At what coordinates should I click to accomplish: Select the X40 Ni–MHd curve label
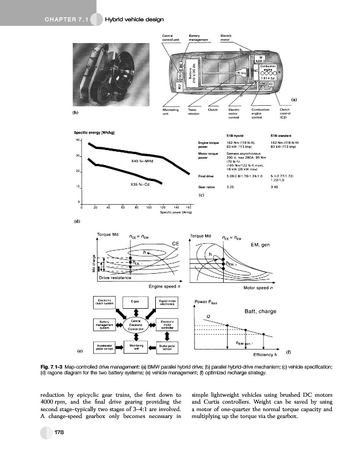coord(127,162)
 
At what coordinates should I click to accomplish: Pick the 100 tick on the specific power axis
coord(148,207)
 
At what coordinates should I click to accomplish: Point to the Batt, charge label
coord(261,311)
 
